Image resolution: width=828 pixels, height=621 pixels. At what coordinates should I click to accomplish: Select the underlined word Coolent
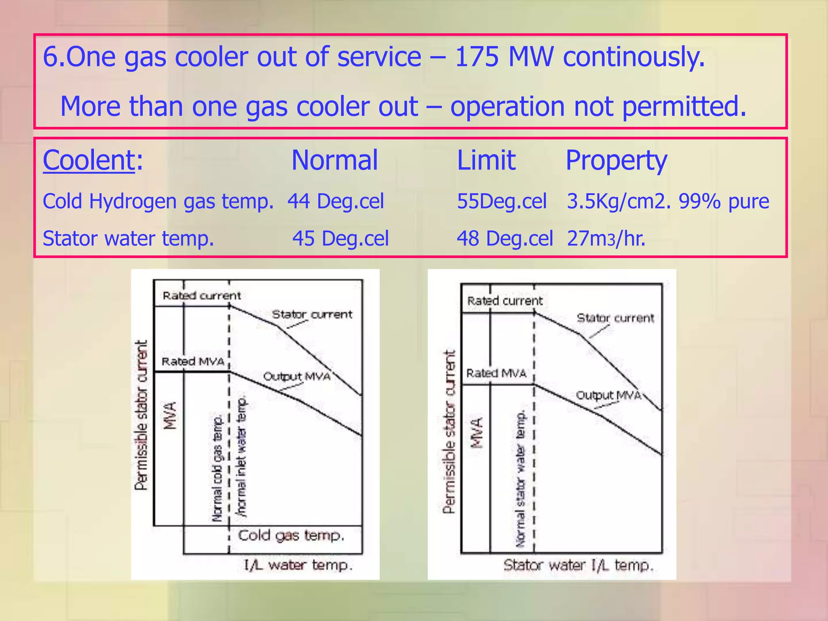89,160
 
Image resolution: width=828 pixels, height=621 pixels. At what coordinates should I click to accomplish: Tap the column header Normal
334,160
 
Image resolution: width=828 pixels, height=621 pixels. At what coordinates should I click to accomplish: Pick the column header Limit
486,160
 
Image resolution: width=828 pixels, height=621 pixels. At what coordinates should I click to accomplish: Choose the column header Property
616,161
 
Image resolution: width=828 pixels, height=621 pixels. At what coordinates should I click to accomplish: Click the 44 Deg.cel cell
336,201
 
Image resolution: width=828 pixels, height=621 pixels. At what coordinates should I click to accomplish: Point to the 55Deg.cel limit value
501,201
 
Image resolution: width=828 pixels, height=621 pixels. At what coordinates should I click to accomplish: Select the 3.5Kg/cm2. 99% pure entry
668,201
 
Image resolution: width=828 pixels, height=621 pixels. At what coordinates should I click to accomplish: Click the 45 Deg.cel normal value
340,239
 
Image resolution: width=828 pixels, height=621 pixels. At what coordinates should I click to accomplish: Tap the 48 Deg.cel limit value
505,239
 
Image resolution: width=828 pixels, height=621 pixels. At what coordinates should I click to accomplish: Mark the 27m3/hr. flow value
606,239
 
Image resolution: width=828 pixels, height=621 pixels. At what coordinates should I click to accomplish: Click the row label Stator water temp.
128,239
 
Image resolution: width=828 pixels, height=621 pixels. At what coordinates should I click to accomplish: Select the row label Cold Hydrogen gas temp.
158,201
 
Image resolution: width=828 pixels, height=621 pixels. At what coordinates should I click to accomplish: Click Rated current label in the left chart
201,296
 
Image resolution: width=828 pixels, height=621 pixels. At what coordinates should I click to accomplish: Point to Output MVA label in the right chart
608,395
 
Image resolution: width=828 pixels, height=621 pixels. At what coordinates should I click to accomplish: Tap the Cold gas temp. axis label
291,536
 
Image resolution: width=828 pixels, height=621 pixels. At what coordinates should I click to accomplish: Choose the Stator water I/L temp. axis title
578,565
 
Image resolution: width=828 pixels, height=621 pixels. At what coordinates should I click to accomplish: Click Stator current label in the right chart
615,318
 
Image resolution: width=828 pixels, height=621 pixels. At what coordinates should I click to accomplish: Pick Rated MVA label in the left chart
193,361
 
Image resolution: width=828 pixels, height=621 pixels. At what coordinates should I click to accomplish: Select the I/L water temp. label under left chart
298,565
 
